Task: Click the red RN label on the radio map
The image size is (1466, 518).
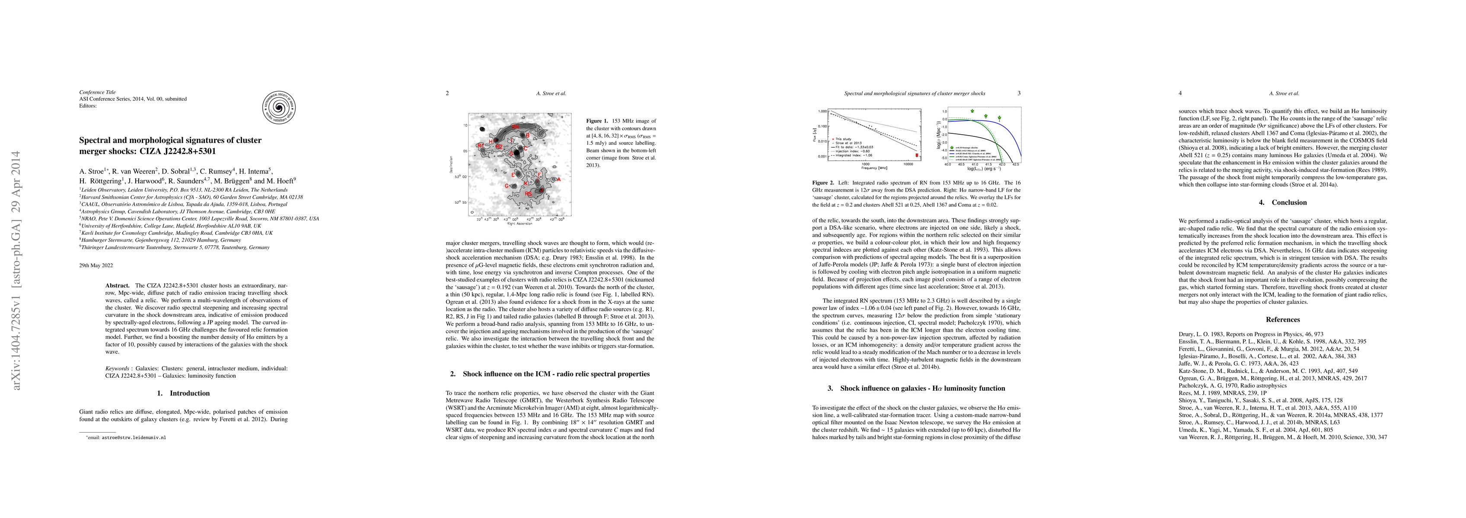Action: [515, 126]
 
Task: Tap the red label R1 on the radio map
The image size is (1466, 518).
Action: [480, 145]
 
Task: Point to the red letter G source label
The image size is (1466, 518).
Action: [507, 186]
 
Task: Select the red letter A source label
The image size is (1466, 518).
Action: [559, 180]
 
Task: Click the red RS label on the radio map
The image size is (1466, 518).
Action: [528, 194]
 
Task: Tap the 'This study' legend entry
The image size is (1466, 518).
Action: [842, 139]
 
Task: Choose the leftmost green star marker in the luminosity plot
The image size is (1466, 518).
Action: [972, 111]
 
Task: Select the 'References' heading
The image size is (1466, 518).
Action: [1283, 319]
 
